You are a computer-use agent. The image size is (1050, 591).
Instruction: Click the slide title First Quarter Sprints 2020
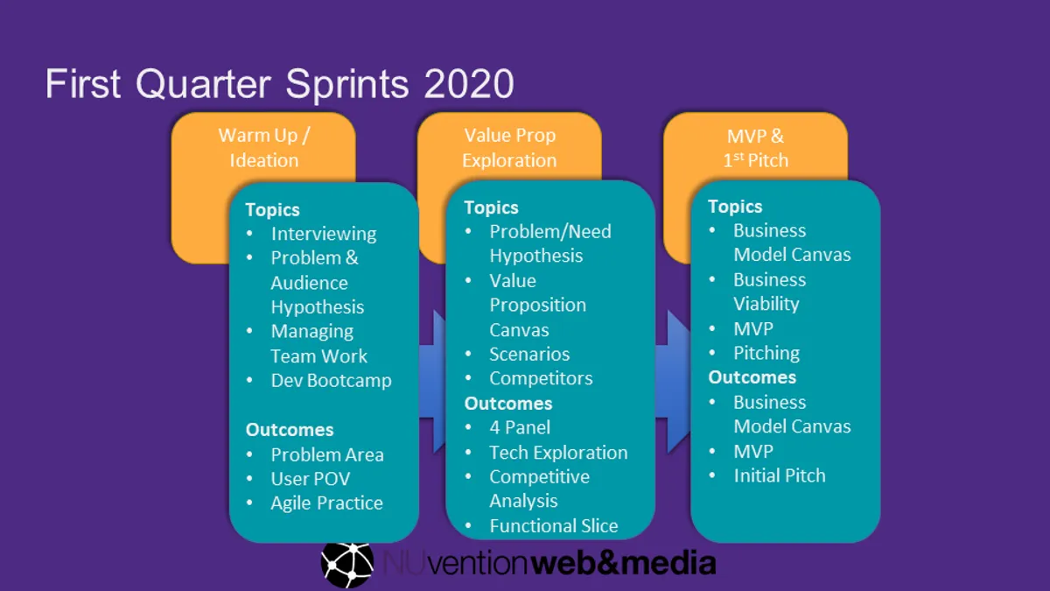pos(279,85)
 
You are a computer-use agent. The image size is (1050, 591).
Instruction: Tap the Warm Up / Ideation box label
pos(263,148)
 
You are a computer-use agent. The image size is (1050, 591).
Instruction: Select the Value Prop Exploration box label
pos(509,148)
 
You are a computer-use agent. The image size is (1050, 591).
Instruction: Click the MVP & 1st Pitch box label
pos(755,148)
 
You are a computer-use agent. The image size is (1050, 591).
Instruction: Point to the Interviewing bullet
pos(323,234)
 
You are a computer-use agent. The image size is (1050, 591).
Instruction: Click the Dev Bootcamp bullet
pos(331,381)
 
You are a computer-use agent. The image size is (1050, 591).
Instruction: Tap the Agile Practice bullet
pos(326,503)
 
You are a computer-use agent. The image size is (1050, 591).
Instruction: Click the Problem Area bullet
pos(326,454)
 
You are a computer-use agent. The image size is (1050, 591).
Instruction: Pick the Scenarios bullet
pos(528,355)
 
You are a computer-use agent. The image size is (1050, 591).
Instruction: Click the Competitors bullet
pos(541,379)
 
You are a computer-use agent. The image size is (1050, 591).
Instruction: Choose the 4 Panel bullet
pos(520,428)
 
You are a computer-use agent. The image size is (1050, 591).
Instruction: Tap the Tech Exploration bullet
pos(558,453)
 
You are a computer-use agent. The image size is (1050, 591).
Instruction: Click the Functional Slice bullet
pos(553,526)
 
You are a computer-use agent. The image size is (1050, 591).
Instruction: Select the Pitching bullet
pos(766,353)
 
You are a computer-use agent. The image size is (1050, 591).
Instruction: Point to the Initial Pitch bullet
pos(779,475)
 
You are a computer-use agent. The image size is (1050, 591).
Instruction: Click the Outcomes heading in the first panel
pos(289,430)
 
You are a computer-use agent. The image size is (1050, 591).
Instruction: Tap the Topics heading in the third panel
pos(735,207)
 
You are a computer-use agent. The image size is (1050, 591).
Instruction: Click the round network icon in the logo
pos(347,563)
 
